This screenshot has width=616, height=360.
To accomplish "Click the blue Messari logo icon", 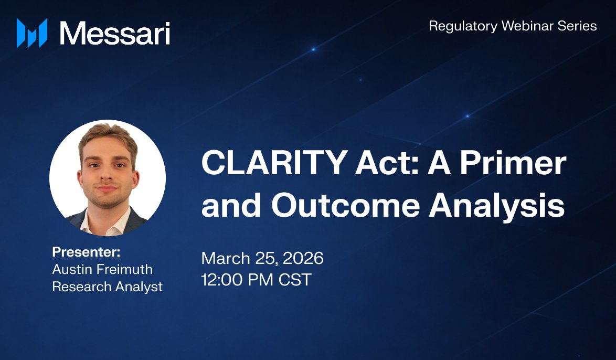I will tap(32, 33).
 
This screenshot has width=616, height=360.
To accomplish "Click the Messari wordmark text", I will tap(115, 33).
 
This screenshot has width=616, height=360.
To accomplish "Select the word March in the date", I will tap(225, 258).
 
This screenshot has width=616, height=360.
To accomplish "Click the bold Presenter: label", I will tap(86, 252).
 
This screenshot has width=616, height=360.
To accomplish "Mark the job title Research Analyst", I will tap(107, 287).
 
